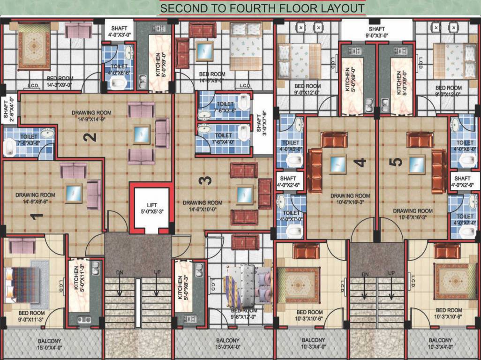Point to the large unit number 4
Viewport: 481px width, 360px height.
tap(360, 163)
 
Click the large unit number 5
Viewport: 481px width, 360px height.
tap(396, 162)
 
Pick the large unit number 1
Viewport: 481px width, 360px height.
tap(36, 217)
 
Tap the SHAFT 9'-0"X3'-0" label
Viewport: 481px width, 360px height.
tap(376, 31)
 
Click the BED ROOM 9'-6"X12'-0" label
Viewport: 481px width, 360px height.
tap(244, 314)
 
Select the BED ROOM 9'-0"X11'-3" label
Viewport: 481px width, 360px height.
tap(31, 316)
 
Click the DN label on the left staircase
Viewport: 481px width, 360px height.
tap(120, 272)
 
